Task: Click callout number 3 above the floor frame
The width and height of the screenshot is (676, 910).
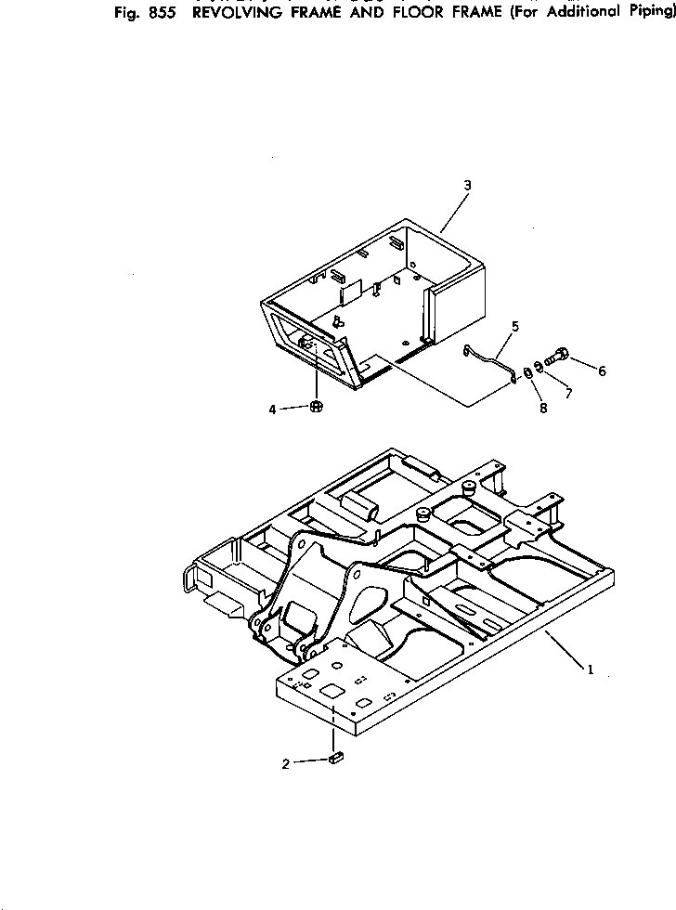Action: pos(467,185)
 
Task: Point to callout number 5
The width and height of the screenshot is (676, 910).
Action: pos(515,327)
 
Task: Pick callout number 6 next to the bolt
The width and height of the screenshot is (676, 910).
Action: pos(602,371)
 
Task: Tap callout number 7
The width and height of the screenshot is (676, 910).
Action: pos(568,394)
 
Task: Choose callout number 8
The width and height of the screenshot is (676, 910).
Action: pos(542,407)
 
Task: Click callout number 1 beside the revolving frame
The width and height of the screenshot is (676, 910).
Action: pos(588,668)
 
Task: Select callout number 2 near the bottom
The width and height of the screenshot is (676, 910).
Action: pos(286,763)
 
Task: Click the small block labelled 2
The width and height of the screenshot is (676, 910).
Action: pos(336,759)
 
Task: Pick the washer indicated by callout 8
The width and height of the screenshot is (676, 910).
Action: pos(527,373)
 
